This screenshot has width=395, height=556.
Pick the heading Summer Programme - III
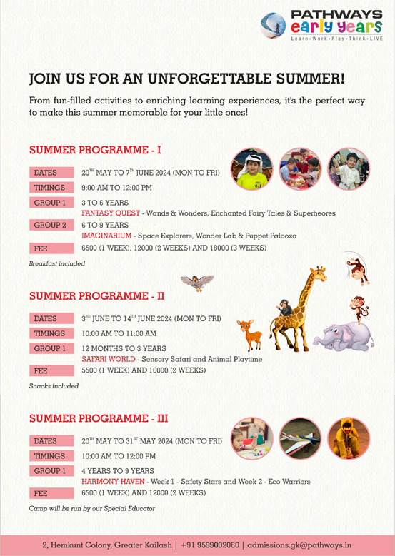[99, 418]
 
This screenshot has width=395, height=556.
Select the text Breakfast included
[57, 263]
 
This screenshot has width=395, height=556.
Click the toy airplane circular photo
[300, 438]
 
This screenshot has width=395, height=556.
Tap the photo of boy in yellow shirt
[251, 169]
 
